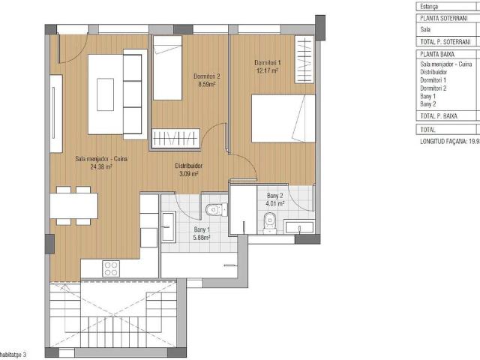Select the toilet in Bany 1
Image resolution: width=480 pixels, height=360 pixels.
(x=215, y=207)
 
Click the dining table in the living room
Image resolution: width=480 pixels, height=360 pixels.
(x=74, y=203)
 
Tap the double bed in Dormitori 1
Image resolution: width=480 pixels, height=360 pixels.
(x=283, y=118)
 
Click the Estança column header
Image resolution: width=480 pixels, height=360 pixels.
(x=431, y=4)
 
